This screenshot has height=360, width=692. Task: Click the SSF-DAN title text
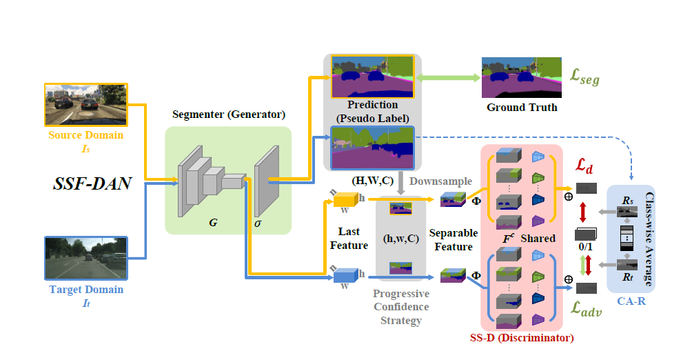pyautogui.click(x=93, y=184)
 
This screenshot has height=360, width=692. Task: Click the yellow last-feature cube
pyautogui.click(x=343, y=201)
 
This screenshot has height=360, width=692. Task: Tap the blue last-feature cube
pyautogui.click(x=343, y=277)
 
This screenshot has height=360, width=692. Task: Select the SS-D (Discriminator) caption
pyautogui.click(x=522, y=338)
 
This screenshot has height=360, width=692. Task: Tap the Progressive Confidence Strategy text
pyautogui.click(x=400, y=306)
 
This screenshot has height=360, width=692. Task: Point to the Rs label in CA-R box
pyautogui.click(x=627, y=201)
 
